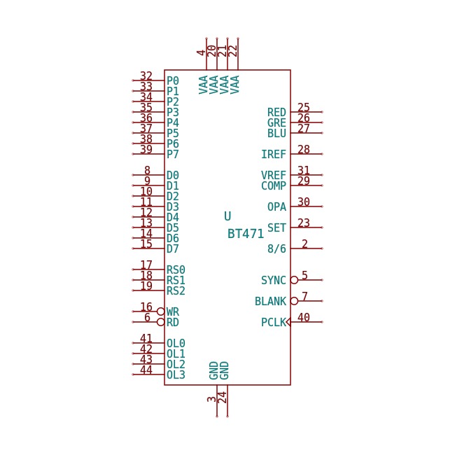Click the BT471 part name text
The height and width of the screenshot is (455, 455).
point(246,234)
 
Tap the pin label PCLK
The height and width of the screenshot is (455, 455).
point(273,322)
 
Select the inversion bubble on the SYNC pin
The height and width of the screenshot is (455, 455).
point(294,280)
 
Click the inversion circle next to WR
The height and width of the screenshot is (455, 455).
point(160,311)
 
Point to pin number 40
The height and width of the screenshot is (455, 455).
point(304,317)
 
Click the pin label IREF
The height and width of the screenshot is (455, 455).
point(273,154)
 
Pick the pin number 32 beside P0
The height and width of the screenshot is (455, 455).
point(146,76)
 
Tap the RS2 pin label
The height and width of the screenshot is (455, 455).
point(176,290)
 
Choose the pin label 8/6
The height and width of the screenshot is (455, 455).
point(276,248)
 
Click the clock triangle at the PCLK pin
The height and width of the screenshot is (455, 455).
point(288,322)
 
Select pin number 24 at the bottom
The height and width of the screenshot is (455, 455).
point(222,398)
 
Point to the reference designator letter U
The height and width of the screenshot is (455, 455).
point(227,216)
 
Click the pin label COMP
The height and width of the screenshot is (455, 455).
point(273,185)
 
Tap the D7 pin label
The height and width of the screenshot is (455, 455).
point(173,248)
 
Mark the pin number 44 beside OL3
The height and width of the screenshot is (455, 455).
point(146,370)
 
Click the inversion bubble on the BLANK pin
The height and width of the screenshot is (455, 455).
point(294,301)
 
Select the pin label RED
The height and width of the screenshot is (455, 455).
point(276,112)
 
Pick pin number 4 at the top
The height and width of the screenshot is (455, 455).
point(201,52)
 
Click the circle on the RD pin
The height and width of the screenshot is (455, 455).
point(160,322)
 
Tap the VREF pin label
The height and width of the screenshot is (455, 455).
point(273,175)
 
